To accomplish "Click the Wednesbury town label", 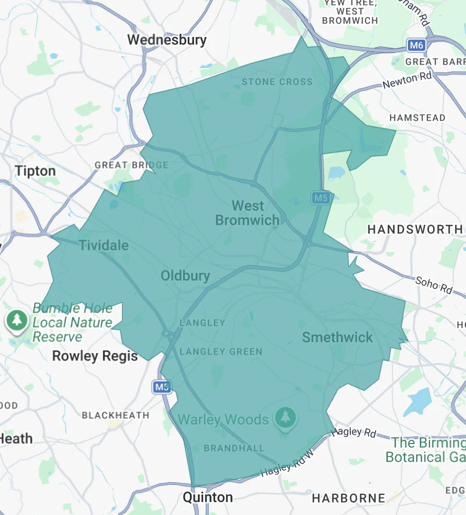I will coord(167,40).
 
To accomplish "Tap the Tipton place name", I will coord(35,171).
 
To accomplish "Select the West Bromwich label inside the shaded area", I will coord(247,213).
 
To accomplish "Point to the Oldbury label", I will coord(185,276).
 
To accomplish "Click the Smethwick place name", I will coord(337,337).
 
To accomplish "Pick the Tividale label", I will coord(103,245).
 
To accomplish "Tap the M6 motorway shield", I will coord(416,46).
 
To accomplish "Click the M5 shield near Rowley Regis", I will coord(162,388).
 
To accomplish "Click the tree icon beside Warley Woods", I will coord(283,417).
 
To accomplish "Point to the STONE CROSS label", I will coord(277,82).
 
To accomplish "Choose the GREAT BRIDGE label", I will coord(131,165).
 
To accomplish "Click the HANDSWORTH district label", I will coord(415,229).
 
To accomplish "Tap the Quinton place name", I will coord(208,498).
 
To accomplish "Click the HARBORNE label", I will coord(348,498).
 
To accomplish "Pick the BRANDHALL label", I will coord(234,448).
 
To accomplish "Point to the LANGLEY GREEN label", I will coord(221,352).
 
